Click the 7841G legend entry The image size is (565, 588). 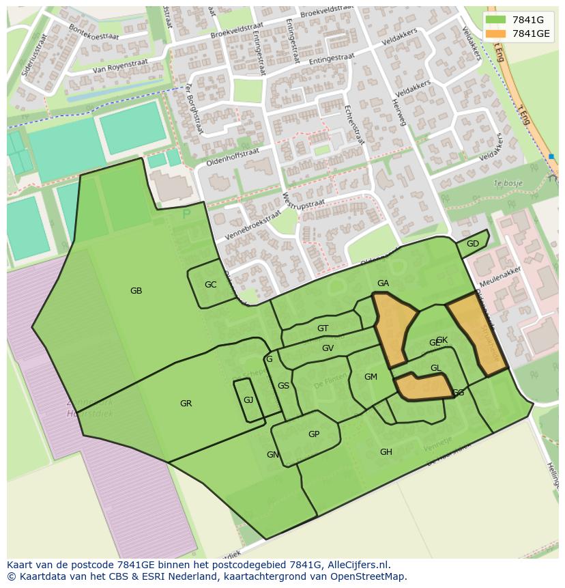[526, 20]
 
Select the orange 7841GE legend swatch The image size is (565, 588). [496, 33]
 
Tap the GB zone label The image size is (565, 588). [136, 291]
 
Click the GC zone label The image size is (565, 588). [210, 285]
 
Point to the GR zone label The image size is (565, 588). [186, 404]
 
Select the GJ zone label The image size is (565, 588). [248, 400]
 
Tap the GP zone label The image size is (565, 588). [313, 434]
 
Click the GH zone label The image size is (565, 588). [386, 452]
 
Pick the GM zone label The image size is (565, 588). [371, 377]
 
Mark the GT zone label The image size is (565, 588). [323, 328]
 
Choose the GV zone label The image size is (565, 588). [328, 348]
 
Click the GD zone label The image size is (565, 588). [472, 244]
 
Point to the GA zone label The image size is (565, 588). [383, 283]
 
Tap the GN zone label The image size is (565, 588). [272, 455]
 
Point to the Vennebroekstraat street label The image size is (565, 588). [252, 225]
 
